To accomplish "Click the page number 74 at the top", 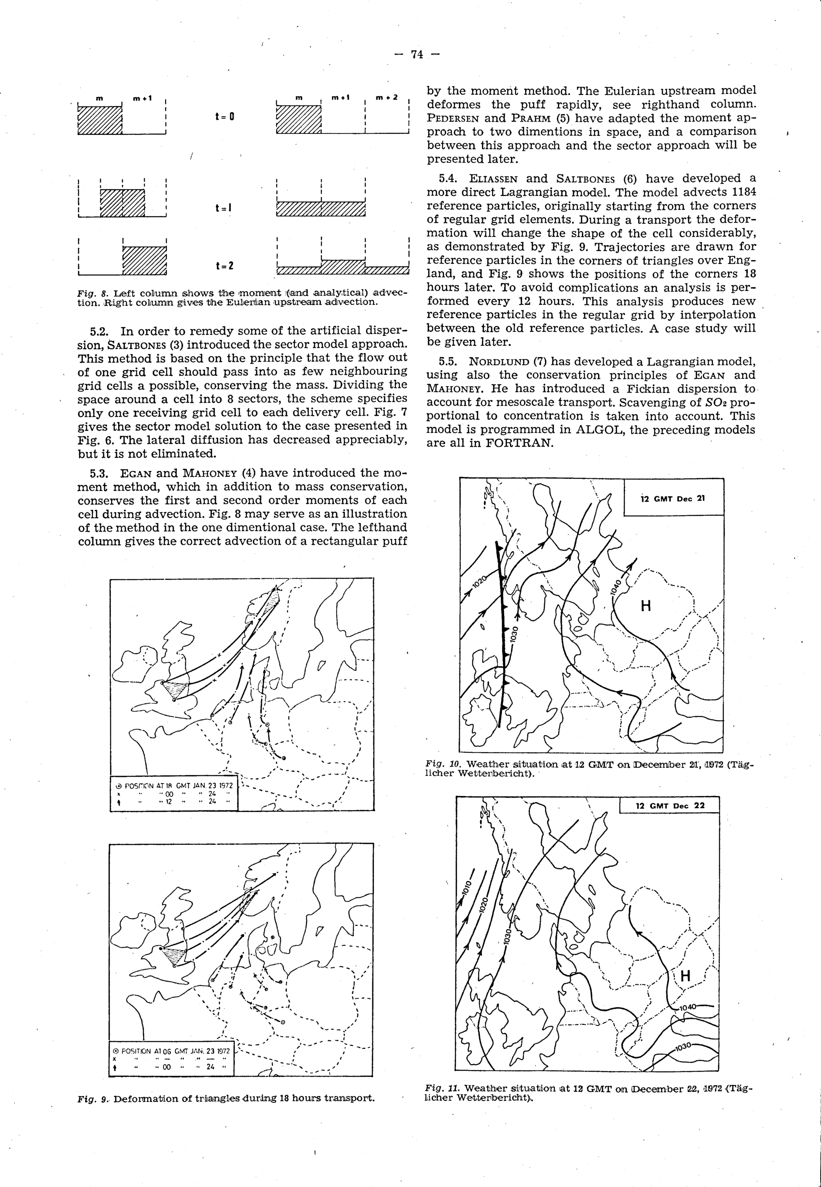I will (417, 54).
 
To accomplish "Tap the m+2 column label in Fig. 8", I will (386, 97).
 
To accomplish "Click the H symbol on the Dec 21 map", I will (646, 606).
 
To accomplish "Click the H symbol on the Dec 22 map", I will (685, 975).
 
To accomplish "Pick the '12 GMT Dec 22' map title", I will (670, 805).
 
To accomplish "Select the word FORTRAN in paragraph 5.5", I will (519, 444).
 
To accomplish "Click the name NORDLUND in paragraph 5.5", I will (498, 362).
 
